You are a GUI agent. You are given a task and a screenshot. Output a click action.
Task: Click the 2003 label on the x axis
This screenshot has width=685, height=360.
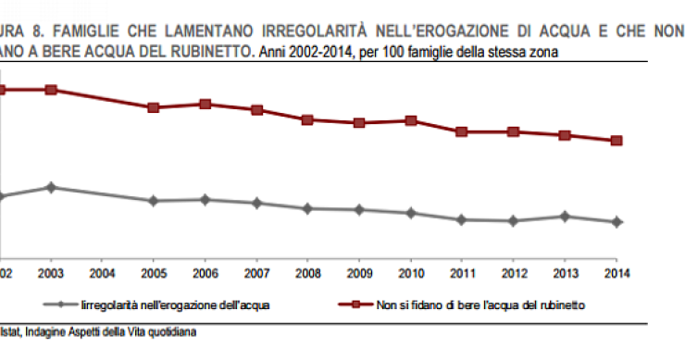point(51,274)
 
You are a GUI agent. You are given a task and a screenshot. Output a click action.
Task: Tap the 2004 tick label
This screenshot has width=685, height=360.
point(102,274)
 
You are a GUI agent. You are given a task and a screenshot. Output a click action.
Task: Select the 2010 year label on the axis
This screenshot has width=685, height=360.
point(410,274)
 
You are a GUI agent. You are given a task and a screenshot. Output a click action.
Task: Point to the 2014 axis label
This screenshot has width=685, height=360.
point(616,274)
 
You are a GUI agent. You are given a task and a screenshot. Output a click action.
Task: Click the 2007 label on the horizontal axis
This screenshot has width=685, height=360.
point(256,274)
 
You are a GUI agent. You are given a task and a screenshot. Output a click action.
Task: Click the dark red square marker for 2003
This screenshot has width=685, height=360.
point(51,90)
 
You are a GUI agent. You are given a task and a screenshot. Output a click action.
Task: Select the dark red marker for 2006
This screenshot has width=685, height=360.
point(205,104)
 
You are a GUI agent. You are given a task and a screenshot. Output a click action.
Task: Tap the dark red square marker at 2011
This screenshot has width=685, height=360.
point(462,131)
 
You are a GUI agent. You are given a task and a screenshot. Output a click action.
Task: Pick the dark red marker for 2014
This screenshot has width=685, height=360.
point(616,141)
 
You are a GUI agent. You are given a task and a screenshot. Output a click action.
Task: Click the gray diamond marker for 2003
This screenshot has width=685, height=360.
point(51,187)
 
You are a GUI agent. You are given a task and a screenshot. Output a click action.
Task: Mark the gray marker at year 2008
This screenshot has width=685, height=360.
point(307,208)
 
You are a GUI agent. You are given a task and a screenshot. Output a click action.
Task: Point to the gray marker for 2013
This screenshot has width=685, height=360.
point(565,217)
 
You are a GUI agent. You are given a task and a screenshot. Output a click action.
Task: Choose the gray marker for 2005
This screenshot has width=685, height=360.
point(154,201)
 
